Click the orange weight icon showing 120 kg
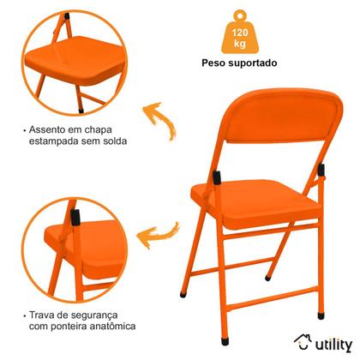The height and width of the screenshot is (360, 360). (246, 33)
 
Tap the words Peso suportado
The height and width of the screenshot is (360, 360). (246, 63)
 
